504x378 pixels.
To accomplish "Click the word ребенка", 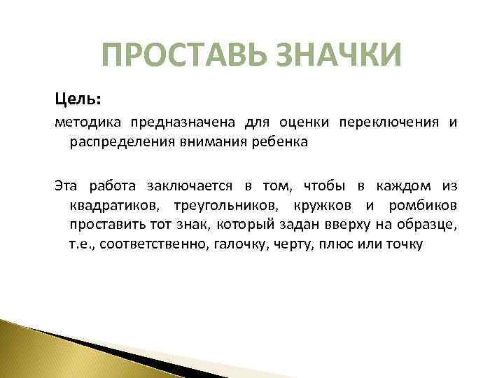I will [281, 143].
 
